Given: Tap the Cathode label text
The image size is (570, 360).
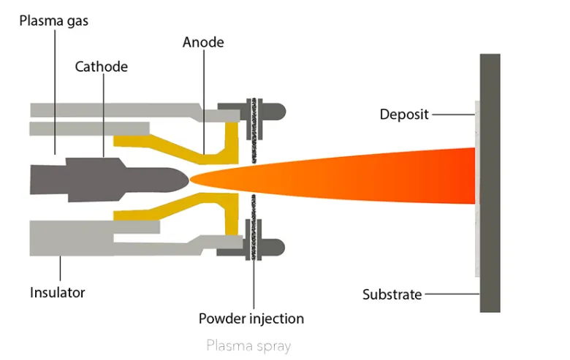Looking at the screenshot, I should coord(102,67).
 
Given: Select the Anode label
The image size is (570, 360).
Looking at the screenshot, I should coord(203,42).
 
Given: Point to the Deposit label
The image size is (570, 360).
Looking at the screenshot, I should coord(404,115).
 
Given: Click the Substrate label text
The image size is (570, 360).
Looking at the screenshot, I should coord(392,295).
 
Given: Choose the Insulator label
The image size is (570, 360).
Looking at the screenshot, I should coord(58,293).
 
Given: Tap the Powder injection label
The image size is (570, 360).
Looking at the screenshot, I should coord(251,318).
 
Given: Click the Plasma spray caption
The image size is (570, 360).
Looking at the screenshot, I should coord(248,344).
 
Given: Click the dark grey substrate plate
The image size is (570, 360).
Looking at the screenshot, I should coord(490,183).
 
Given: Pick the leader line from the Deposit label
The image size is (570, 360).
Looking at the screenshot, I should coord(453,115).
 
